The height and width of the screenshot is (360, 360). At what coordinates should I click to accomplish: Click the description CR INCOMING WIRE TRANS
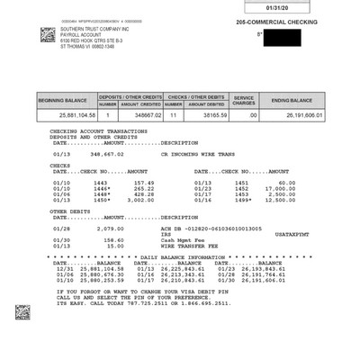pyautogui.click(x=197, y=153)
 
